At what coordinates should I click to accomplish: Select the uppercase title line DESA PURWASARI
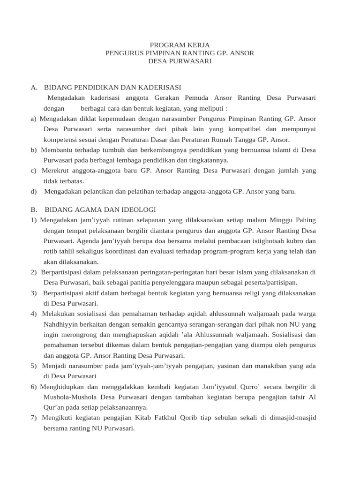(180, 61)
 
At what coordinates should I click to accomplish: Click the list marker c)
(34, 171)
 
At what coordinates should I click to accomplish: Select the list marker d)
(34, 191)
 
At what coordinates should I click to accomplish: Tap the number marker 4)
(34, 314)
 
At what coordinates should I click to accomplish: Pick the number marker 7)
(34, 418)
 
